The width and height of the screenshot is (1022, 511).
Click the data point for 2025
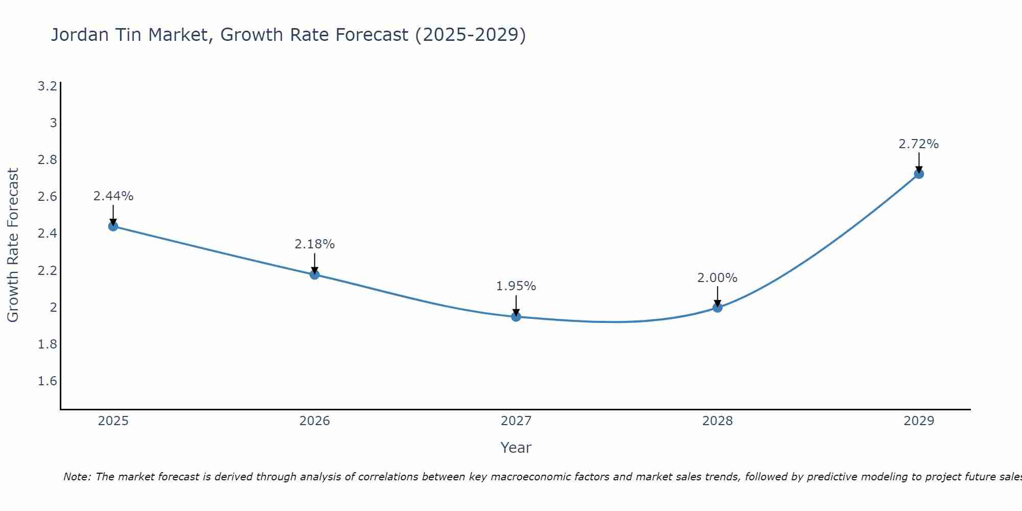point(113,226)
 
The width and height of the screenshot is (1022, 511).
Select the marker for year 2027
point(516,317)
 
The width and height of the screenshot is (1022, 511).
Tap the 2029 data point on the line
point(919,174)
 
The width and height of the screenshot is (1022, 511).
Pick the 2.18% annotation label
point(314,244)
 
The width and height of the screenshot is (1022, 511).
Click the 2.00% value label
point(717,278)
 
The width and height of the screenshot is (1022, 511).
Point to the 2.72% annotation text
point(918,144)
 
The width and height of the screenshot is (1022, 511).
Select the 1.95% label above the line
point(516,286)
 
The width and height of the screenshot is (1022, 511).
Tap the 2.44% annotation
point(113,196)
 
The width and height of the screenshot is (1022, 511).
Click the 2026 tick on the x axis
point(314,421)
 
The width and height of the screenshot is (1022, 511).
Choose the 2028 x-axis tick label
point(717,421)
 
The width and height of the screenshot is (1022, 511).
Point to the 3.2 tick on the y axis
point(47,86)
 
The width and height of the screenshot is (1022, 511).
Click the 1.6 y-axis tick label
point(47,381)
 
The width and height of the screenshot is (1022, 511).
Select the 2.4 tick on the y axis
point(47,234)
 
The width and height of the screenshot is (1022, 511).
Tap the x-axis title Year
point(516,448)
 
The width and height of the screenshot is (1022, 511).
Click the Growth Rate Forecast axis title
point(13,245)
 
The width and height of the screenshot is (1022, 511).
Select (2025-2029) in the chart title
point(470,35)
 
